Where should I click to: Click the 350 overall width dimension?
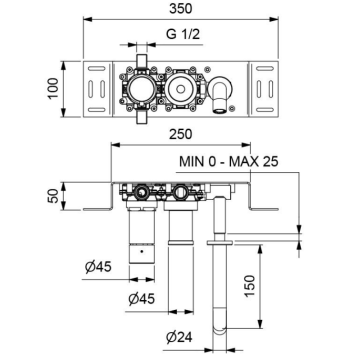[179, 10]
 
